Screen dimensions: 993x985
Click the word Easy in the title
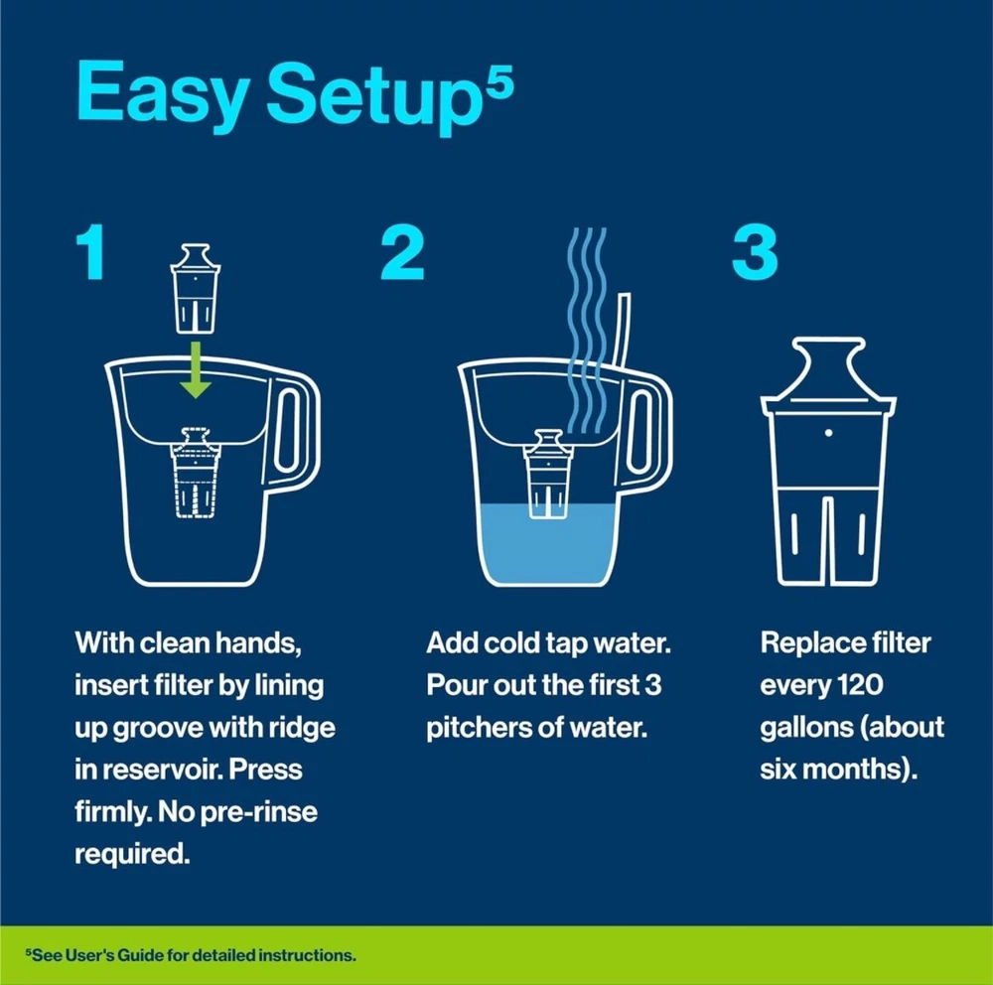pos(163,93)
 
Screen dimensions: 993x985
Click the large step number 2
pos(402,251)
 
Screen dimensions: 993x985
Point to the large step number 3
pos(755,251)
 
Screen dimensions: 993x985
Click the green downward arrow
pos(196,370)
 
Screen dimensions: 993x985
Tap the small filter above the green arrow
pos(196,289)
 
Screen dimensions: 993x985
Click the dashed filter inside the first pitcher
pos(196,473)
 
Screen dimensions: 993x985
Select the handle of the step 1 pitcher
pos(296,432)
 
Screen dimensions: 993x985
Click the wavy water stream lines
pos(587,331)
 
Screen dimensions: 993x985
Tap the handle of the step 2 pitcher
pos(648,432)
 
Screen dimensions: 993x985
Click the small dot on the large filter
pos(829,433)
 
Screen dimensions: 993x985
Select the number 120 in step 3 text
pos(859,685)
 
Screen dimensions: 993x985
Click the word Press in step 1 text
pos(265,770)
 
